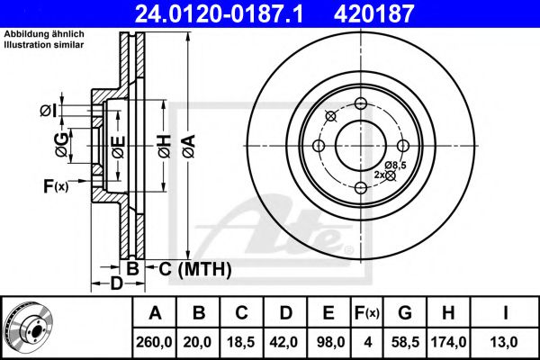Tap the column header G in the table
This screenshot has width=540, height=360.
(x=404, y=313)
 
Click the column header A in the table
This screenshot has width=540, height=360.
(x=155, y=313)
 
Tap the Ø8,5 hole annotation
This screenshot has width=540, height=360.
(x=396, y=165)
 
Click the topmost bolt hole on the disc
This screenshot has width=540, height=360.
(x=360, y=103)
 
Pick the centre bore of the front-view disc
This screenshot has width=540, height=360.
(x=360, y=144)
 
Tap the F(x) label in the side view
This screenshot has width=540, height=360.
(x=55, y=186)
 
